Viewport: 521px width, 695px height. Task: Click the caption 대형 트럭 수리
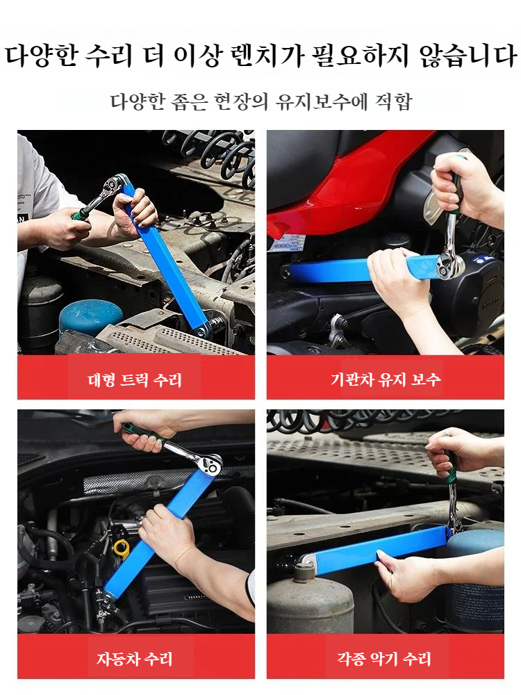coord(135,380)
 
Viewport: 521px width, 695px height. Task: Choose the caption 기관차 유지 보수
coord(385,380)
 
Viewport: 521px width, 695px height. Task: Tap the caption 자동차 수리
coord(135,658)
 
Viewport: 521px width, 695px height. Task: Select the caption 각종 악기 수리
coord(385,658)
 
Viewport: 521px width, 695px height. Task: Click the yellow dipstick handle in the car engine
coord(122,548)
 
